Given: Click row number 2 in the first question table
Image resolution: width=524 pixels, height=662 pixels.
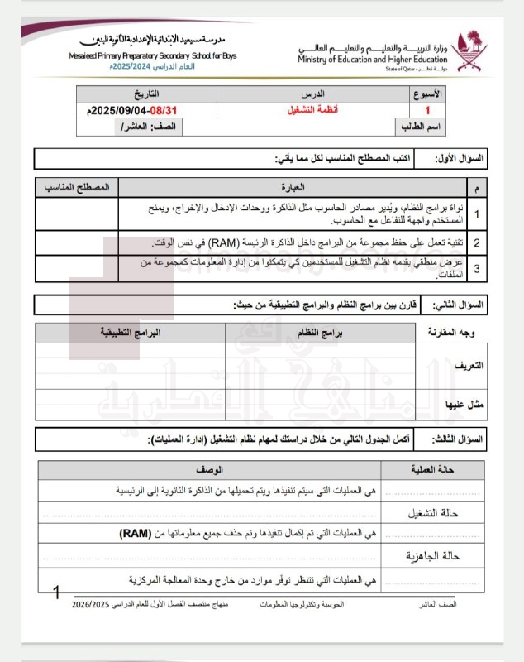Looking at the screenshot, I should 477,242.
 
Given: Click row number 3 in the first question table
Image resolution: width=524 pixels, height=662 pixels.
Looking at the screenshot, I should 477,268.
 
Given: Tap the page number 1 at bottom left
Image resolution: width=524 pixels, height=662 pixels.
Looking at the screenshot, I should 56,592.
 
